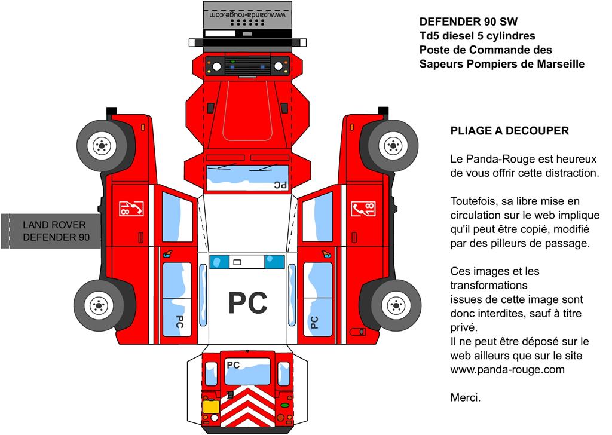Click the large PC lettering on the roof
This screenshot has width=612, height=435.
247,303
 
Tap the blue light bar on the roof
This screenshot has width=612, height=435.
247,262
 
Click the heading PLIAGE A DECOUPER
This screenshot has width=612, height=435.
509,131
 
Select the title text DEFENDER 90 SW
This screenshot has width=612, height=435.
469,22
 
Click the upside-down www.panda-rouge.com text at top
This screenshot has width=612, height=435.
247,14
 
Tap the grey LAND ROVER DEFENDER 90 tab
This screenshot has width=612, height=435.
51,231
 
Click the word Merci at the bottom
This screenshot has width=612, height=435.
466,397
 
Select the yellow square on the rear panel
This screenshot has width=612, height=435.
211,407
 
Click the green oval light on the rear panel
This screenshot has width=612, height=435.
284,406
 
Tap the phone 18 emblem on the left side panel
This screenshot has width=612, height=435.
131,209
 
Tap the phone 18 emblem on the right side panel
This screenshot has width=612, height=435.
363,209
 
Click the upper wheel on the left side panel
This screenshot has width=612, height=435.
102,146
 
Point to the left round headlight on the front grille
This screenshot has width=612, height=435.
216,66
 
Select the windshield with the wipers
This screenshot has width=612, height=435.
247,178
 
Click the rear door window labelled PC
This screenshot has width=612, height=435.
247,371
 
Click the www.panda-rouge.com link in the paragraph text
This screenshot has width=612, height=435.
507,369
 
